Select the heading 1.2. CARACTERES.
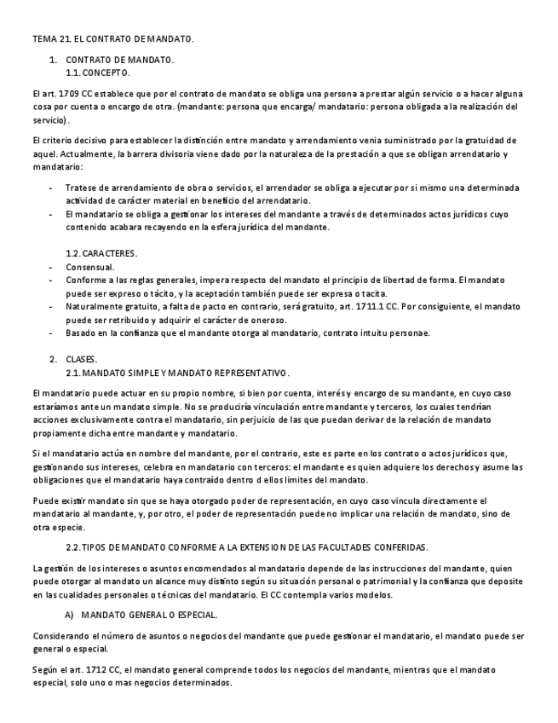coord(101,254)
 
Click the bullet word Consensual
coord(89,267)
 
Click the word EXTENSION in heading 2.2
coord(279,546)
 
